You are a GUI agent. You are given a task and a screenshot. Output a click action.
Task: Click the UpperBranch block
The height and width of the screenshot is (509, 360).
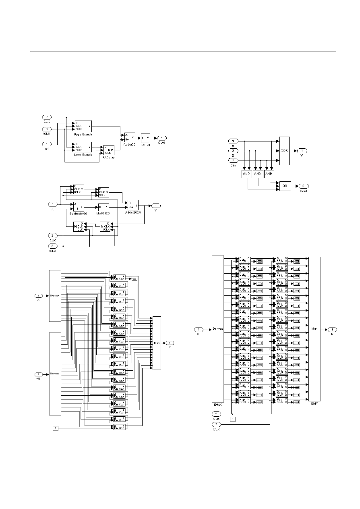(x=83, y=126)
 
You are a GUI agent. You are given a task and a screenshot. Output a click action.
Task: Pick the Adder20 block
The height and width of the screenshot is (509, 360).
(x=129, y=138)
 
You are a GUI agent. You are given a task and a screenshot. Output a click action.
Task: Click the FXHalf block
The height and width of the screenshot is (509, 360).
(x=145, y=138)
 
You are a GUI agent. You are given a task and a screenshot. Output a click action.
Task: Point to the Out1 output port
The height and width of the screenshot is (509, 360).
(x=161, y=138)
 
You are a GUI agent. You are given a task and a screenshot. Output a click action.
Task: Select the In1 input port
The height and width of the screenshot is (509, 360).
(x=47, y=144)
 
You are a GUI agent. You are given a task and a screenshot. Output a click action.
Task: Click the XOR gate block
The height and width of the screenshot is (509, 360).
(x=285, y=150)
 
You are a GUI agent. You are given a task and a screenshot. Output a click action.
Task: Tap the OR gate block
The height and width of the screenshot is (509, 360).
(x=284, y=185)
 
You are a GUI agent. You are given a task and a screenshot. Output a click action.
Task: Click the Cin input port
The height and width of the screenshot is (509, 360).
(x=233, y=160)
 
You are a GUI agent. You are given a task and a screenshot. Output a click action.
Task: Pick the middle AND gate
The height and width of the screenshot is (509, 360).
(x=258, y=173)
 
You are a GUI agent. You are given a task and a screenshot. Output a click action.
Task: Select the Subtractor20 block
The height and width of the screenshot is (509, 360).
(x=78, y=207)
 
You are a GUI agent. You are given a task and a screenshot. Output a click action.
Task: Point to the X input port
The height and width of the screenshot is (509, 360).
(x=52, y=204)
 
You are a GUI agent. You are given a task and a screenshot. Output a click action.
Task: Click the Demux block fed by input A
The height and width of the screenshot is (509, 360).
(x=55, y=295)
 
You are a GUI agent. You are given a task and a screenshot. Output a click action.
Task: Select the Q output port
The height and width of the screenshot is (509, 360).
(x=333, y=329)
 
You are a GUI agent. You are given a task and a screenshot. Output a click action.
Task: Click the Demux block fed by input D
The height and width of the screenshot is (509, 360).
(x=217, y=329)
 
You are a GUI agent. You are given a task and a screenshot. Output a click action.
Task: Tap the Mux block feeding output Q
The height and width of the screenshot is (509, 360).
(x=314, y=329)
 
